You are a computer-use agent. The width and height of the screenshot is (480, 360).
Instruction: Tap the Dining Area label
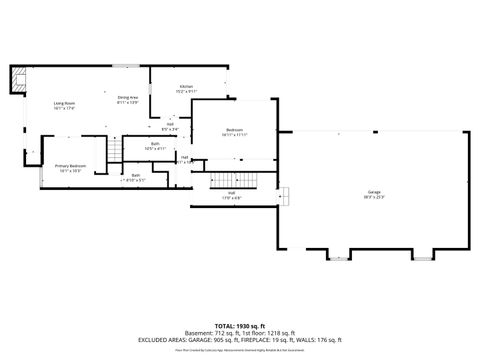pos(128,97)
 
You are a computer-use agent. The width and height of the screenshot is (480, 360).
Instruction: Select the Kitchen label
pos(186,87)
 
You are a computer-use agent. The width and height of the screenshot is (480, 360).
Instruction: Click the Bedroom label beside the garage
pos(235,130)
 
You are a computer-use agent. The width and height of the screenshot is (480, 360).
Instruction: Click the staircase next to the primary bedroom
pos(114,151)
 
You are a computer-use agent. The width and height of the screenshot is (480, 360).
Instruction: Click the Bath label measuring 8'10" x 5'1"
pos(136,176)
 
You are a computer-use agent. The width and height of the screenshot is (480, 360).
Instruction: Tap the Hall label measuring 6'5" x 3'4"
pos(170,124)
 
